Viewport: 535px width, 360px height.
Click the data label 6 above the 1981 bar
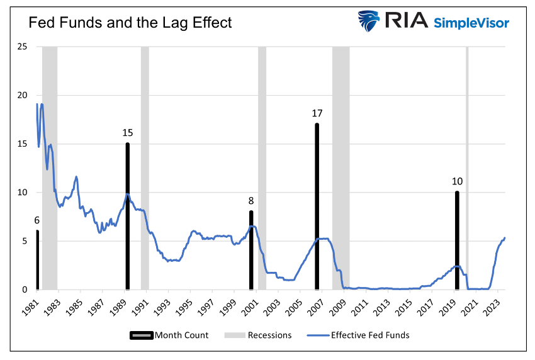37,220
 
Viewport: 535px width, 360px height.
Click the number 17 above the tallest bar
317,113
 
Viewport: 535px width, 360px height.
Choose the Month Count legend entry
169,335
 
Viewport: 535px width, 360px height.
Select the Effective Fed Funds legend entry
359,335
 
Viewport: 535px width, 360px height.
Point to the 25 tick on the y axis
22,47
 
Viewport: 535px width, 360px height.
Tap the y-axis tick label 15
22,144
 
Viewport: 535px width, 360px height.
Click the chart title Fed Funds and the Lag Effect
130,23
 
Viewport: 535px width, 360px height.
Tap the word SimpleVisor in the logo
471,23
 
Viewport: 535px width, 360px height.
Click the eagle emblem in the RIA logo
370,21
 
